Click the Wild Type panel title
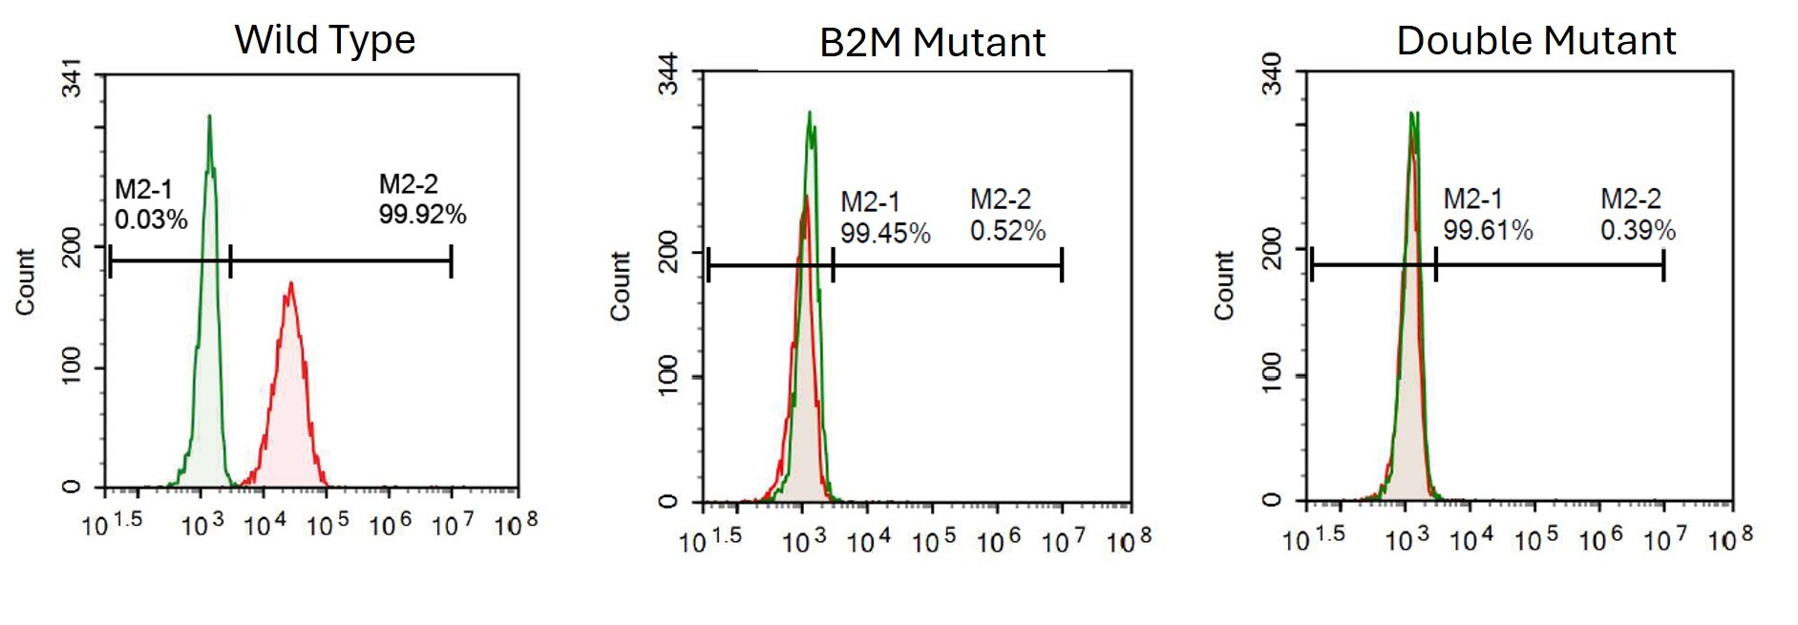(x=325, y=40)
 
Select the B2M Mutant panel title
(x=932, y=43)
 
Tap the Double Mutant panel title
(x=1535, y=41)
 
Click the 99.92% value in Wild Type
(x=422, y=215)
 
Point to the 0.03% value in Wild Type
(x=151, y=220)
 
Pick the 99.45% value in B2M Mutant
(x=885, y=234)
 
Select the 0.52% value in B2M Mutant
(x=1007, y=231)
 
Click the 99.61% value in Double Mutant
(x=1488, y=230)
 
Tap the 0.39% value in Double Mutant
(x=1638, y=230)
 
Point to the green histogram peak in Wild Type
(x=209, y=118)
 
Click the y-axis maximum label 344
(x=668, y=74)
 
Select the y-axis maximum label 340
(x=1272, y=74)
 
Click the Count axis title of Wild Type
(x=26, y=281)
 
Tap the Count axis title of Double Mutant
(x=1224, y=285)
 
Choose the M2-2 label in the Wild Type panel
(x=408, y=184)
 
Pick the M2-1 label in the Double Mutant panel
(x=1472, y=199)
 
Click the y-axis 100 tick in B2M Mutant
(x=668, y=375)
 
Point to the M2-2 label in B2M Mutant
(x=1001, y=199)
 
